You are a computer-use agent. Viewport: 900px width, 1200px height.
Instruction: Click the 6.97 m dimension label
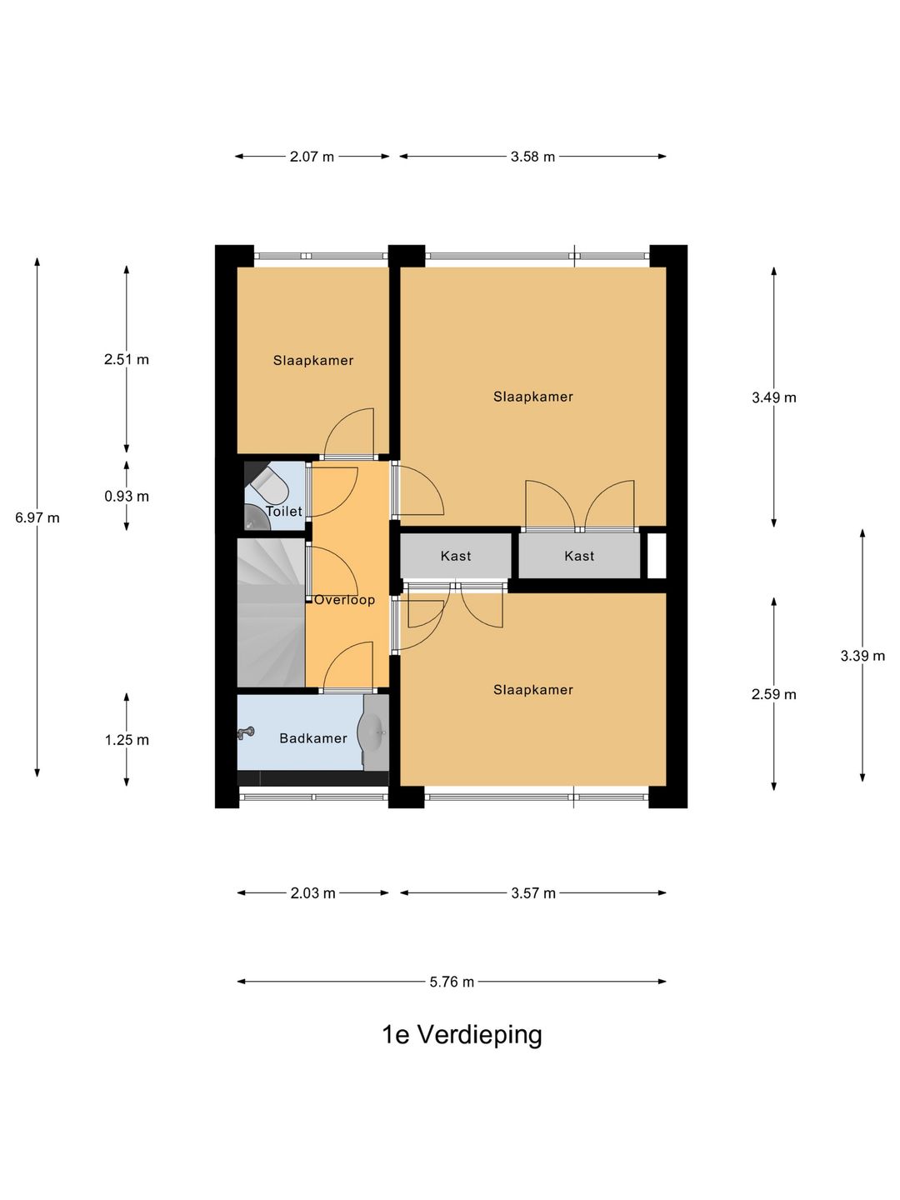(37, 517)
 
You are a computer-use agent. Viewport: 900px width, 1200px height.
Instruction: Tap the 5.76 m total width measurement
(452, 982)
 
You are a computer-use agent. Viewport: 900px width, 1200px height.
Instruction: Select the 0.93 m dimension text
(127, 496)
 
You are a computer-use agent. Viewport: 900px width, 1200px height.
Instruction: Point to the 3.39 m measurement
(862, 656)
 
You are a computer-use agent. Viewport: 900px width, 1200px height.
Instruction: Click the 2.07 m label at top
(312, 157)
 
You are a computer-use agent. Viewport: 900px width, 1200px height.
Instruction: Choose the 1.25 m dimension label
(127, 740)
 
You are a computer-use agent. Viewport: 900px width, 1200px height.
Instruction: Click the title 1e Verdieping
(462, 1035)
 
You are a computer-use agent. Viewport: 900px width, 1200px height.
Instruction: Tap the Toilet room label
(284, 512)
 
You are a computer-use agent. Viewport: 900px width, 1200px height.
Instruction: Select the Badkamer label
(313, 738)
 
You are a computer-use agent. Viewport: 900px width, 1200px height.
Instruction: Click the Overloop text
(344, 600)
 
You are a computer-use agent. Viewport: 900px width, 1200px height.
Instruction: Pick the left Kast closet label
(456, 556)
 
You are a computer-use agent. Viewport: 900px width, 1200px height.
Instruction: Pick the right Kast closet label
(579, 556)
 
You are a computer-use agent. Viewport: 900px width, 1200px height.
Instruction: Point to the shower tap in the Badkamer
(246, 733)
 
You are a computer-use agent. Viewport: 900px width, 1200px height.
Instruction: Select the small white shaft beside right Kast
(657, 555)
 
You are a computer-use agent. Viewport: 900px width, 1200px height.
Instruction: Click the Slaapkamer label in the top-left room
(313, 361)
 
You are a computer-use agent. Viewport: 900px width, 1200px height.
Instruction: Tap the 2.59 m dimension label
(774, 694)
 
